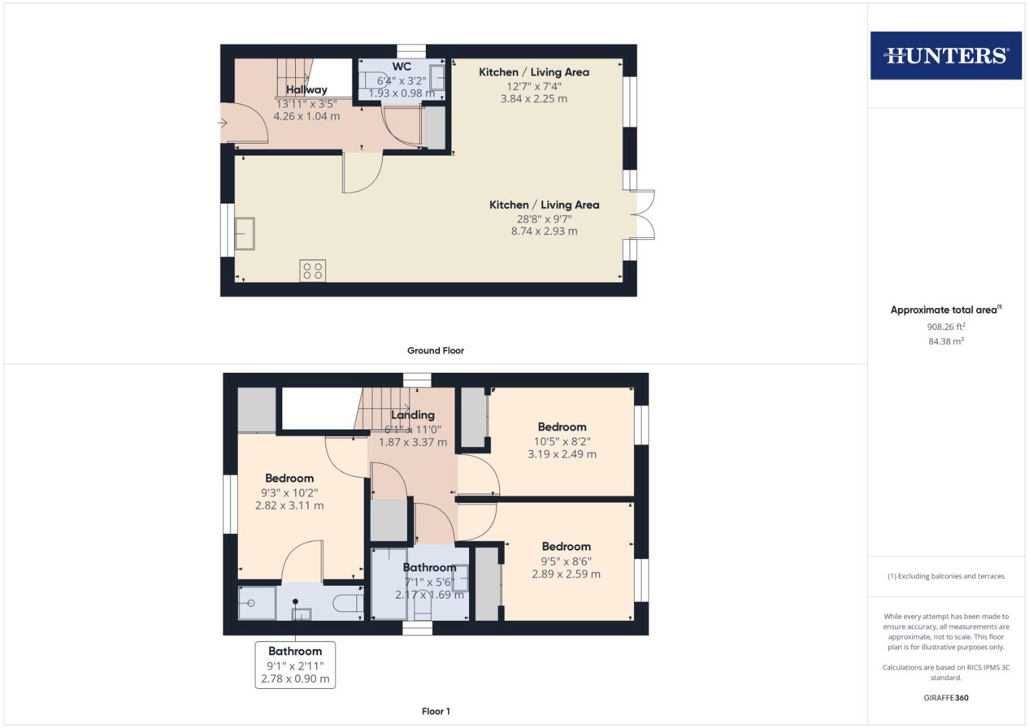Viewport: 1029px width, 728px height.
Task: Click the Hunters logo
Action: (945, 55)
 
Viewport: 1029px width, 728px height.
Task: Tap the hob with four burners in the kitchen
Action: (313, 271)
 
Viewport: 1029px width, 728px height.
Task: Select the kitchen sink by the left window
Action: (244, 233)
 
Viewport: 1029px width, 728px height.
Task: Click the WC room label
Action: (402, 67)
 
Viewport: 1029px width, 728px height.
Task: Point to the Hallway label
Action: (307, 90)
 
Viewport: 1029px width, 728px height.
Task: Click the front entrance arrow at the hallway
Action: (222, 123)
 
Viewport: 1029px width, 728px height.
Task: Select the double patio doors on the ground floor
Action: (644, 215)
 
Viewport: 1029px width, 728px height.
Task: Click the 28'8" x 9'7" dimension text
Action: (544, 218)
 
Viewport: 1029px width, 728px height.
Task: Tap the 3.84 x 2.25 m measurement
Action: (534, 98)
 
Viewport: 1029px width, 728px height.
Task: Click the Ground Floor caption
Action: (435, 351)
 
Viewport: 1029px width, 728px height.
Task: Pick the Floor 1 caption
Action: (435, 711)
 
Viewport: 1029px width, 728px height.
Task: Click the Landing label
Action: (412, 415)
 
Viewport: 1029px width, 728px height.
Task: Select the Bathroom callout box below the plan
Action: (295, 665)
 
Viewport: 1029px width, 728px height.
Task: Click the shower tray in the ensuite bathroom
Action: (257, 603)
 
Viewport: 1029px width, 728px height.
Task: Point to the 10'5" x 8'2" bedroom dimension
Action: (561, 442)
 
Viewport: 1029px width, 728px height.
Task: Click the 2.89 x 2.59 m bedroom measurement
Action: (566, 574)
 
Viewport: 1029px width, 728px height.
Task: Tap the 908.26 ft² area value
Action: (945, 327)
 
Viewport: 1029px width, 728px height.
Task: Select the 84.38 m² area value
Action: (945, 342)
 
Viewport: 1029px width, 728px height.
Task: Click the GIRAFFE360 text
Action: (945, 698)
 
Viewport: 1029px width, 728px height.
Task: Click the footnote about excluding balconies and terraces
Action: (945, 576)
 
